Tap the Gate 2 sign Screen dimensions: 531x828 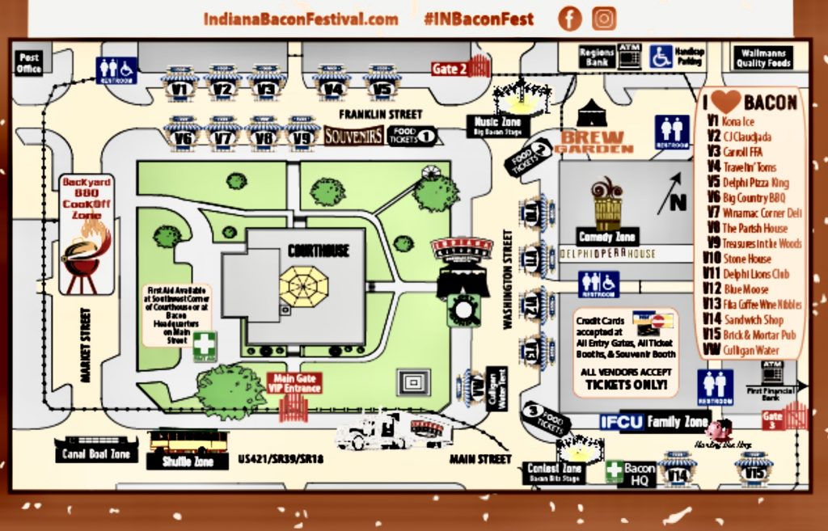pyautogui.click(x=449, y=69)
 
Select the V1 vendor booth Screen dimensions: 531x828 pyautogui.click(x=180, y=85)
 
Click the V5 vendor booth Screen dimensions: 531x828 pyautogui.click(x=382, y=85)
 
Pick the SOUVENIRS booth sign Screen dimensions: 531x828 pyautogui.click(x=353, y=136)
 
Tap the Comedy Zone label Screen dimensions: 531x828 pyautogui.click(x=607, y=237)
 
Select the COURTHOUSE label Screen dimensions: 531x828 pyautogui.click(x=319, y=251)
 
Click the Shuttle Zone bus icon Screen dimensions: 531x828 pyautogui.click(x=188, y=442)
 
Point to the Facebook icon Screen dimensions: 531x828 pyautogui.click(x=569, y=19)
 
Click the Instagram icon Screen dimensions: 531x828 pyautogui.click(x=603, y=19)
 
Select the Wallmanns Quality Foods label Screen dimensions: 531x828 pyautogui.click(x=763, y=58)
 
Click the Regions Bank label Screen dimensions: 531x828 pyautogui.click(x=597, y=57)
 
